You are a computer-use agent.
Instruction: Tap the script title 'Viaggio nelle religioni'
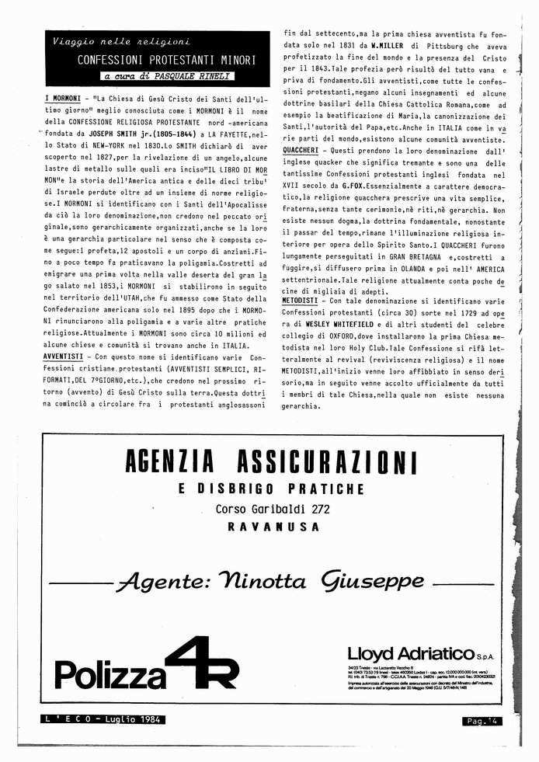point(120,41)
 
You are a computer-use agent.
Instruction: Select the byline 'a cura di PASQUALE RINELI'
point(168,76)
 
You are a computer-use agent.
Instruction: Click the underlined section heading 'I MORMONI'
point(63,99)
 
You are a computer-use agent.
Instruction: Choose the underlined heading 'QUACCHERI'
point(305,149)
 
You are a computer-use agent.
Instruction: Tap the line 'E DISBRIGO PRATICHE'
point(271,489)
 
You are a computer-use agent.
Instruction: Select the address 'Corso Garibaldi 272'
point(273,509)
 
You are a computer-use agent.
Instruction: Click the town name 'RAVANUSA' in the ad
point(273,527)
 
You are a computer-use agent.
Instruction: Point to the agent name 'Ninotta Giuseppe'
point(269,581)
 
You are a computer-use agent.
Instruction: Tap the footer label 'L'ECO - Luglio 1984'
point(103,719)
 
